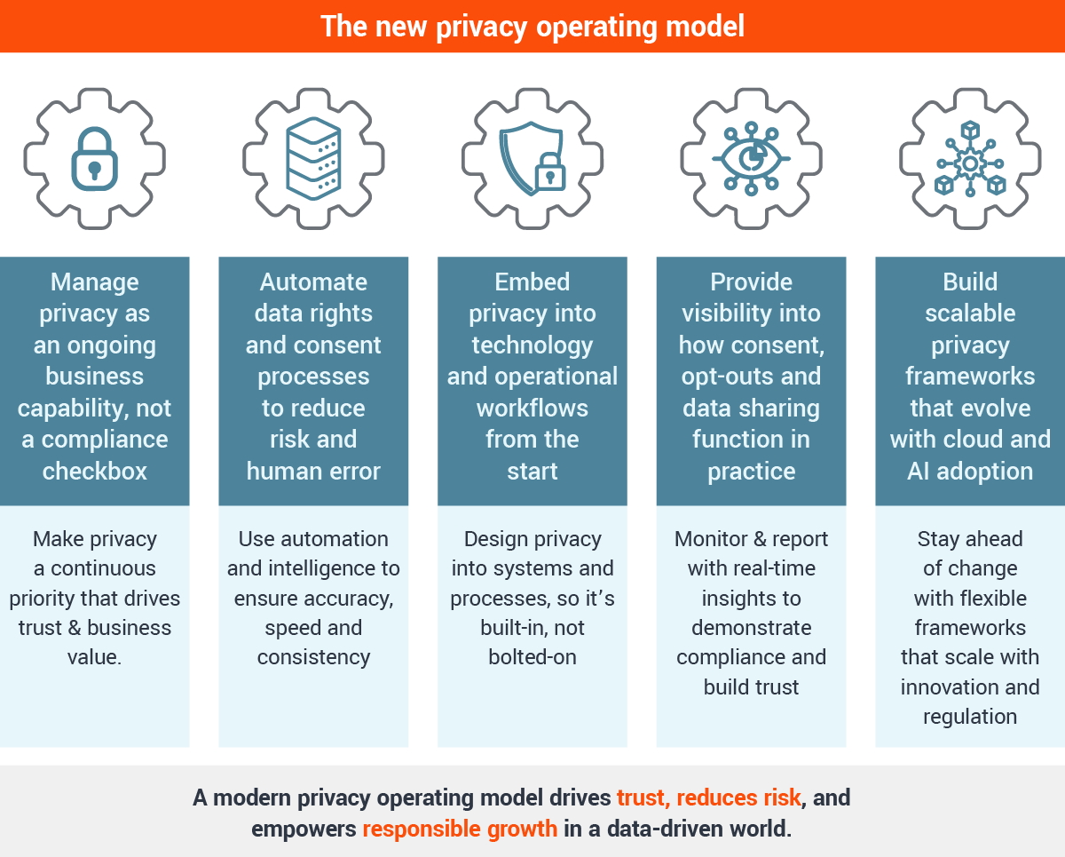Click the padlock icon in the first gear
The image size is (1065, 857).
point(95,159)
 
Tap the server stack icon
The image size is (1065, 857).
point(313,158)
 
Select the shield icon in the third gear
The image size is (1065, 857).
point(531,158)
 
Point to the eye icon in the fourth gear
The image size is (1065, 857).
point(751,158)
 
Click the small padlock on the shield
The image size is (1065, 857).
point(550,172)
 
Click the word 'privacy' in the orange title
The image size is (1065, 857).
point(481,28)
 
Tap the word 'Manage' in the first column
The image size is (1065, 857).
point(95,282)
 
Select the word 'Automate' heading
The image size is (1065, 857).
point(313,282)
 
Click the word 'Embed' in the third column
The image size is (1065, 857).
point(532,282)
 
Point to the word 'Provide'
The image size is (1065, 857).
point(751,282)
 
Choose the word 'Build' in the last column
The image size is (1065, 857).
point(970,282)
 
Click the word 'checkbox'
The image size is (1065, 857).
point(95,471)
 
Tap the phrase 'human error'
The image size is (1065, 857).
point(313,471)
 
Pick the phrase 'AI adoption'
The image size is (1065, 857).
point(970,471)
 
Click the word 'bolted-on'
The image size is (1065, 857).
point(532,657)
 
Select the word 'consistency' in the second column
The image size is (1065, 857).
point(313,658)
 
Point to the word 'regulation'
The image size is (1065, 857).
point(970,718)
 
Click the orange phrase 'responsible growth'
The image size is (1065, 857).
point(460,829)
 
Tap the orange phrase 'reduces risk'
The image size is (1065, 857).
point(738,798)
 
